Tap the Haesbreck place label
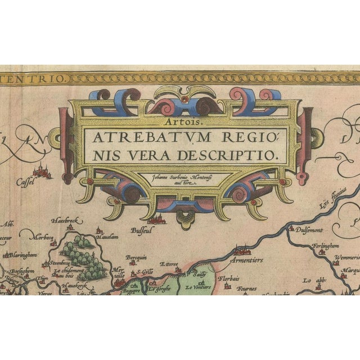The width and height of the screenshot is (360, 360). click(x=64, y=220)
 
